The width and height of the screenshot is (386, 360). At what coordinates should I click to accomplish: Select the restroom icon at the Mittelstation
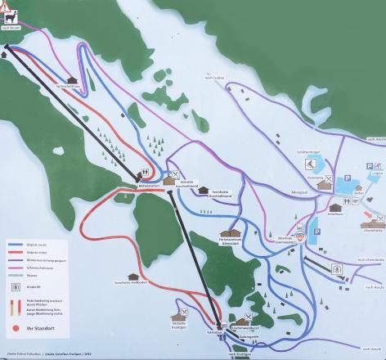coord(145,173)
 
